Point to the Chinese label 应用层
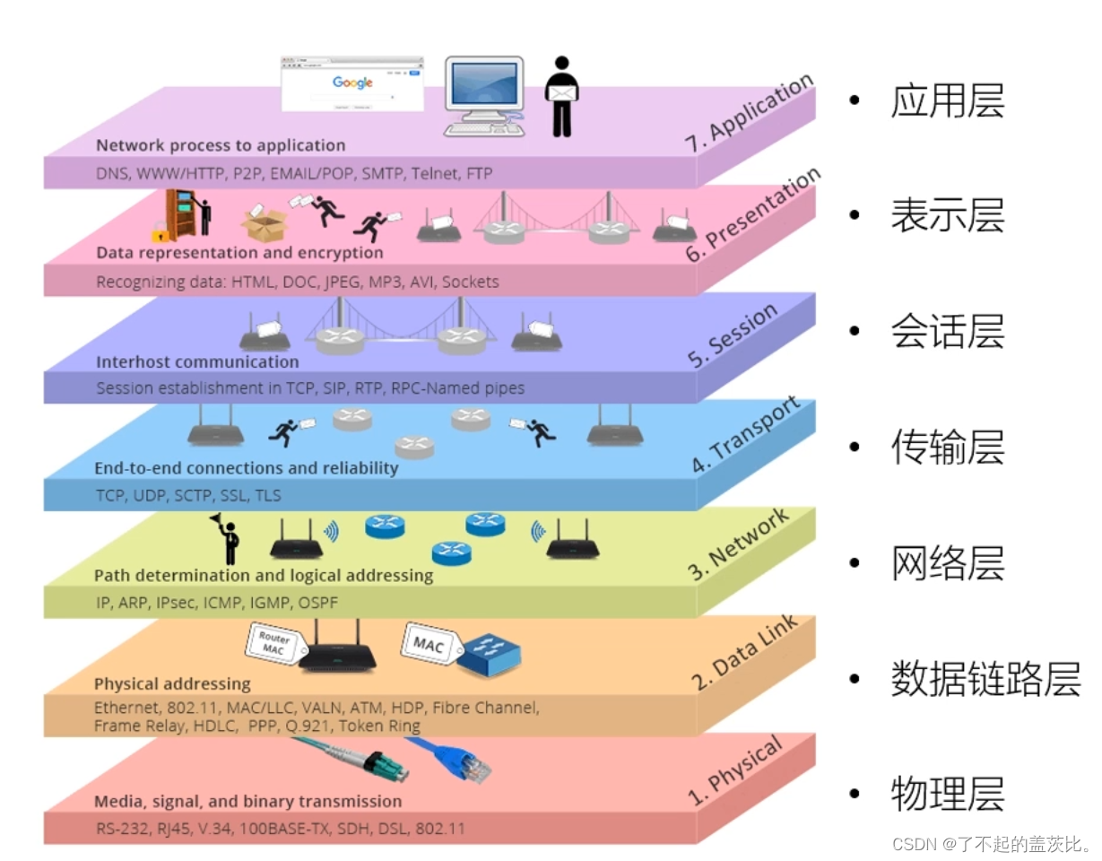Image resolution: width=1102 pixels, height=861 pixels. pos(947,101)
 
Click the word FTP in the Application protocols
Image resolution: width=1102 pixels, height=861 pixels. pos(479,172)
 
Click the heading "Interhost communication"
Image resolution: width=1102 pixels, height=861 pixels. pos(197,362)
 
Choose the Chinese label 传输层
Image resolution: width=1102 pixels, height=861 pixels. pos(947,447)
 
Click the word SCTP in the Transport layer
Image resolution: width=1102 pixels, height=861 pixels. pos(194,495)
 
